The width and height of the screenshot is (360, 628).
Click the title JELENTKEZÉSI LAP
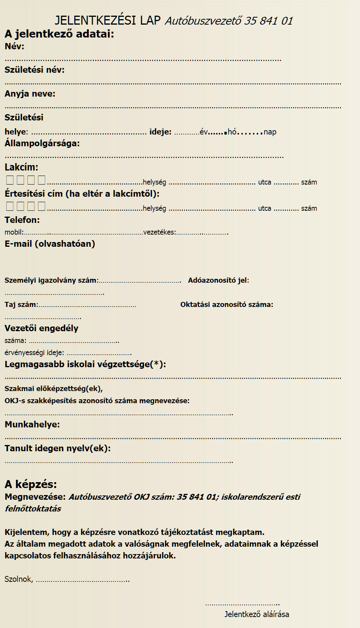[x=107, y=20]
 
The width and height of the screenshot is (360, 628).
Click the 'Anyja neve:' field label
[x=30, y=94]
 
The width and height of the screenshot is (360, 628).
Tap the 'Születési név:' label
[x=34, y=70]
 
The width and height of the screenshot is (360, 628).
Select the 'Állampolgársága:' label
[x=42, y=143]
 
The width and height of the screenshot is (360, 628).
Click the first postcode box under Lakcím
[x=10, y=180]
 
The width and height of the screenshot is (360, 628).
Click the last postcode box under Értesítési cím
[x=41, y=206]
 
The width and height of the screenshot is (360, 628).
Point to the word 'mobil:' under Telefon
[x=14, y=232]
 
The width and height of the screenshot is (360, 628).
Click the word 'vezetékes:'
[x=160, y=232]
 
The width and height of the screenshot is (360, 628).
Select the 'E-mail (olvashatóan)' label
[x=50, y=244]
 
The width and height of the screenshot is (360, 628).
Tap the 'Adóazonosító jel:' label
[x=218, y=280]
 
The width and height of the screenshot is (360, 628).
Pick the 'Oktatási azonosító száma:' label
[x=227, y=305]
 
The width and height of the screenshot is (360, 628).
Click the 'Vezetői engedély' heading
[x=41, y=328]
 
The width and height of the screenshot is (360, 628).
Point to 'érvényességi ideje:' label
[x=34, y=352]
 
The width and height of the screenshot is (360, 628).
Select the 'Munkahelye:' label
[x=32, y=424]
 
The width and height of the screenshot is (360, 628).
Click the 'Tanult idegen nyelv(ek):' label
[x=58, y=448]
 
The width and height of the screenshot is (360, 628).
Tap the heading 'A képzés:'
[x=31, y=484]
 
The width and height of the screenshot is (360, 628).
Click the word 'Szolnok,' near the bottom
[x=19, y=579]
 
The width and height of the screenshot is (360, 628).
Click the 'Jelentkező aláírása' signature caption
[x=257, y=614]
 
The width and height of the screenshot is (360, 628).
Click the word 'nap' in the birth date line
[x=270, y=132]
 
